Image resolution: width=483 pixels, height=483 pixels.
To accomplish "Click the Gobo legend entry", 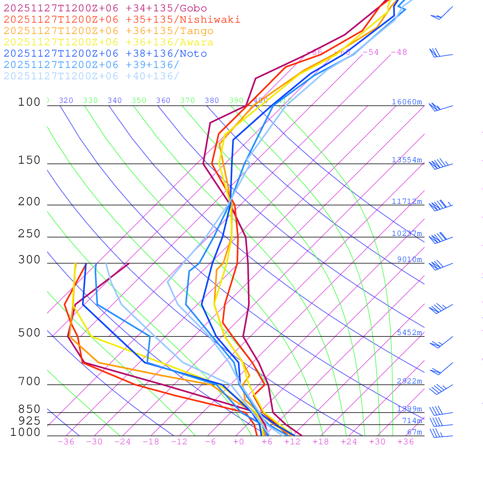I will [x=105, y=8].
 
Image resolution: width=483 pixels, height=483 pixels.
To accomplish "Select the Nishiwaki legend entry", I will [x=122, y=19].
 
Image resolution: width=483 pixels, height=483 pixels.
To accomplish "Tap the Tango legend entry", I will [x=108, y=31].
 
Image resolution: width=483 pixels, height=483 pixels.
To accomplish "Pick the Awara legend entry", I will [x=108, y=42].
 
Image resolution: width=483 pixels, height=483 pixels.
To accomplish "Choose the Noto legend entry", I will [x=105, y=54].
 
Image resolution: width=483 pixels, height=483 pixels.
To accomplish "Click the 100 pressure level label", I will [x=29, y=102].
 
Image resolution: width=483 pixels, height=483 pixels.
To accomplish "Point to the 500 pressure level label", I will [x=29, y=333].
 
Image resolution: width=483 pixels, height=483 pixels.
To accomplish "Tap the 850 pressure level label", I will [x=29, y=409].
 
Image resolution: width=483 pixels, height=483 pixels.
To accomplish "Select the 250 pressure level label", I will [x=29, y=234].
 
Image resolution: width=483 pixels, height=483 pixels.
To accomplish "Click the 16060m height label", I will [x=407, y=102].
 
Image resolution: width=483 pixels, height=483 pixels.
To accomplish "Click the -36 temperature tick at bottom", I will [x=66, y=441].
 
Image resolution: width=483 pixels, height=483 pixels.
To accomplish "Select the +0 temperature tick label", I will [x=239, y=441].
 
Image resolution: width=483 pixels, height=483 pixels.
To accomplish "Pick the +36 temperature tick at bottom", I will [x=406, y=441].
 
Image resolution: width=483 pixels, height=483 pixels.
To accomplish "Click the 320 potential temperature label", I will [x=66, y=100].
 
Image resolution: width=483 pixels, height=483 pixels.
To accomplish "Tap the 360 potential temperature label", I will [x=163, y=100].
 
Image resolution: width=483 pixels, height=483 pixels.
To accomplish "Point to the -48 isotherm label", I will [x=399, y=52].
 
